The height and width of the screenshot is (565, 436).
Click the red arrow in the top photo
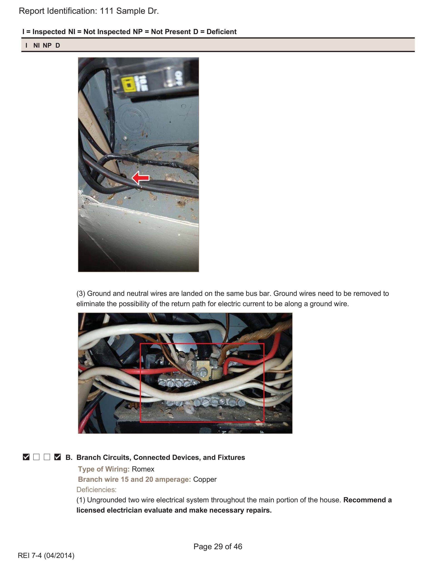click(141, 178)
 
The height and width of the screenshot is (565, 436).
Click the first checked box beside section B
click(26, 457)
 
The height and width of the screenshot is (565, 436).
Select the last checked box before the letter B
click(57, 457)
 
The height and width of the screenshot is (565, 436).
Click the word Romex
click(143, 469)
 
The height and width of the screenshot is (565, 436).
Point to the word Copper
click(205, 479)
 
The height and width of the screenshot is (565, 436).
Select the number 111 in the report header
click(107, 11)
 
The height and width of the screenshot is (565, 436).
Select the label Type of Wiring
click(104, 469)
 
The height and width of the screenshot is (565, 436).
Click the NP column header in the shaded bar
click(47, 45)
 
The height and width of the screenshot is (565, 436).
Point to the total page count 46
click(238, 546)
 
